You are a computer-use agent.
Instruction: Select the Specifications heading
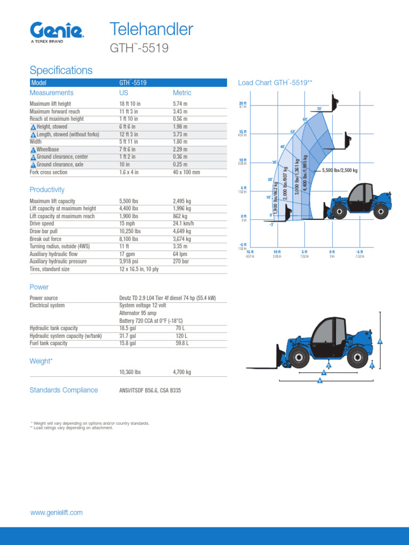click(x=61, y=70)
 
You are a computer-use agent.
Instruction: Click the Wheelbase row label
click(x=47, y=150)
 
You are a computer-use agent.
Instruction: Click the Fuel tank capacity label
click(x=48, y=343)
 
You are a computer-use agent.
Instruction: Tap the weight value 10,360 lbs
click(x=130, y=373)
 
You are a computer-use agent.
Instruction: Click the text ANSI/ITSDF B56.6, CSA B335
click(x=150, y=390)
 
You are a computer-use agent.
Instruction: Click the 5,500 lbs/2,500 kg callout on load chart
click(x=340, y=170)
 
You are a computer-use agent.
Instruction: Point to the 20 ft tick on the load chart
click(x=243, y=103)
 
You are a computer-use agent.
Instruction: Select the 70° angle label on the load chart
click(x=320, y=109)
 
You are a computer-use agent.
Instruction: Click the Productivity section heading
click(x=47, y=189)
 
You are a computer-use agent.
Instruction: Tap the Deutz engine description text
click(x=167, y=298)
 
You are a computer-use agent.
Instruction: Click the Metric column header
click(x=182, y=93)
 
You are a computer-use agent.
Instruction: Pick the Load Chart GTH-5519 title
click(x=275, y=82)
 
